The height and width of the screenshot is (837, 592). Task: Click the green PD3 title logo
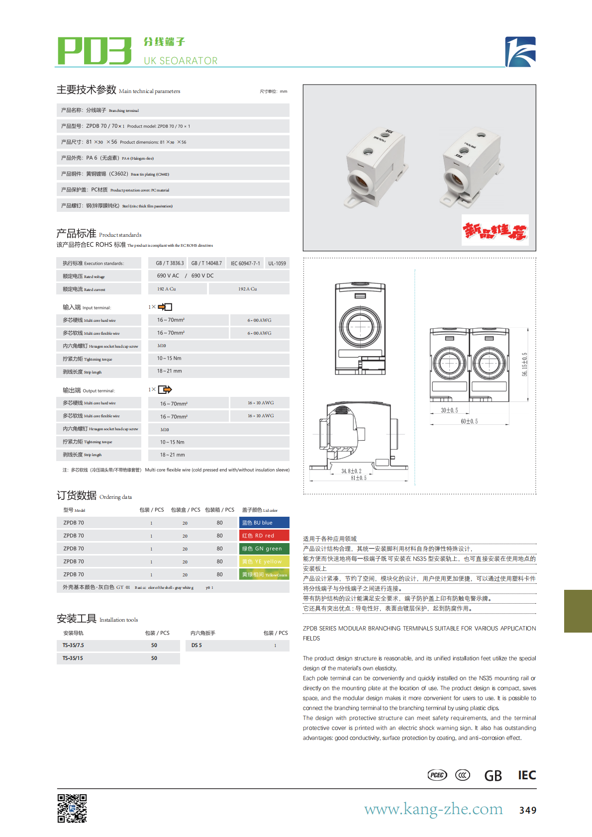[95, 51]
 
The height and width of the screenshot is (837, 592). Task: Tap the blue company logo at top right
[520, 52]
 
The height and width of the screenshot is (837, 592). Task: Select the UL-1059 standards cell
[277, 263]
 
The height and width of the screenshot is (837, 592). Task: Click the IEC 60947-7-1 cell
[245, 263]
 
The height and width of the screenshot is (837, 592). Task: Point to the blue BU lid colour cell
[264, 523]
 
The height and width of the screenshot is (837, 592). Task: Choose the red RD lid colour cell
[264, 536]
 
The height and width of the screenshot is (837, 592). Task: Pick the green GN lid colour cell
[264, 549]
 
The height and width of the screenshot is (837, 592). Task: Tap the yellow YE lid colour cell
[264, 561]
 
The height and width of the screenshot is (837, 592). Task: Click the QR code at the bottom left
[72, 808]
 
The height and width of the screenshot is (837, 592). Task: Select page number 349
[528, 810]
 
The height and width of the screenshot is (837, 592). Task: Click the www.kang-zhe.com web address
[433, 809]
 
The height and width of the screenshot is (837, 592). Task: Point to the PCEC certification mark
[437, 775]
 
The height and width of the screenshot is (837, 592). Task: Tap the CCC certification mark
[463, 775]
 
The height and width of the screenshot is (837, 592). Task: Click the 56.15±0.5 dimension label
[524, 365]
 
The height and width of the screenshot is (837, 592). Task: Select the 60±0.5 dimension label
[469, 421]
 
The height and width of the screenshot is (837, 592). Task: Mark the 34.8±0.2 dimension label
[351, 471]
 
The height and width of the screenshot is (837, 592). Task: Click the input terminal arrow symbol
[165, 307]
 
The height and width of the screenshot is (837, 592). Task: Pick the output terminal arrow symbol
[165, 390]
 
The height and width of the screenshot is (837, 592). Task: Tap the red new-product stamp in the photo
[495, 230]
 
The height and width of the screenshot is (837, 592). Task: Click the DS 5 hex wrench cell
[197, 646]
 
